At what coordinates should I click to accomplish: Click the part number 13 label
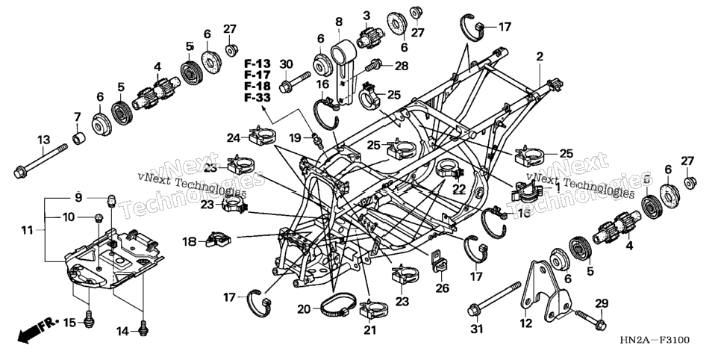click(x=44, y=139)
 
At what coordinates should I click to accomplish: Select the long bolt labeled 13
click(x=41, y=161)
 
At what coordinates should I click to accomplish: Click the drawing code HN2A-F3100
click(x=655, y=340)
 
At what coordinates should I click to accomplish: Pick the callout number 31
click(x=478, y=329)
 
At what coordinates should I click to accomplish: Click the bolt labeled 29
click(x=590, y=319)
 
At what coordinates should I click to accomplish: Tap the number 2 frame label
click(x=540, y=57)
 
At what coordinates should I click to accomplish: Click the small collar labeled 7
click(x=80, y=137)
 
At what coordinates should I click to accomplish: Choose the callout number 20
click(x=304, y=309)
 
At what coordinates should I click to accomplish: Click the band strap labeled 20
click(x=338, y=305)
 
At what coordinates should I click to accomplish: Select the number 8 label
click(x=339, y=22)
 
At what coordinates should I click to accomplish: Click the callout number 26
click(x=441, y=289)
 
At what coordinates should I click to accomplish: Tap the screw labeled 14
click(x=143, y=327)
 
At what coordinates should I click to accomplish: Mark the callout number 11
click(x=27, y=229)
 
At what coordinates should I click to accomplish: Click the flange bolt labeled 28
click(x=373, y=66)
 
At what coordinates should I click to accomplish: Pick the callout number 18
click(x=190, y=242)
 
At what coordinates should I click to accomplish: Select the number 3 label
click(x=366, y=15)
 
